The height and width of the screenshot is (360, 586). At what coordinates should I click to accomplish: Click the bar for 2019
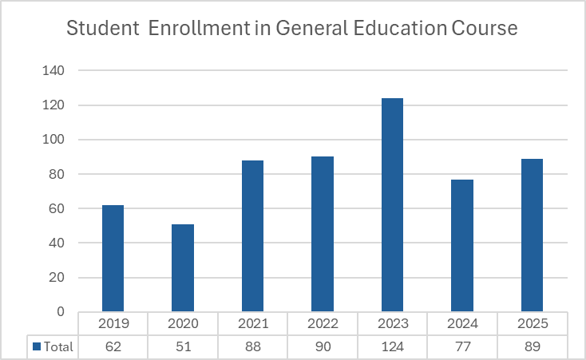113,259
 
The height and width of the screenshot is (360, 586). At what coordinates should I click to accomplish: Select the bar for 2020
183,268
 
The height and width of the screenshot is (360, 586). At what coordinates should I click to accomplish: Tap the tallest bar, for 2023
392,205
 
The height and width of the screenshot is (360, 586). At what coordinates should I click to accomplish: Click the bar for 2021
252,236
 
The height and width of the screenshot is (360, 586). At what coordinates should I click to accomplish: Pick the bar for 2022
323,235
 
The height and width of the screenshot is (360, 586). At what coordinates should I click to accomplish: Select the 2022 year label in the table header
323,323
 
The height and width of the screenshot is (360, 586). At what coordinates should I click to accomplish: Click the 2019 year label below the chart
113,323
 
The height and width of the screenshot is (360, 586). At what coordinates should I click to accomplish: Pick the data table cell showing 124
392,346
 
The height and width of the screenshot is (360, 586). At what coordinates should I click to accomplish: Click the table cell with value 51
183,346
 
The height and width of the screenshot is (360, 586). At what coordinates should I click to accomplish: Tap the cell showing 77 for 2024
462,346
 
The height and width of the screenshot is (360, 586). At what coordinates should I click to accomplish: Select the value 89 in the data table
532,346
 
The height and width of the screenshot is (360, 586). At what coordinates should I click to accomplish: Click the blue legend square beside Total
36,346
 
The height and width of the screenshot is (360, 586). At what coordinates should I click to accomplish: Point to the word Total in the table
58,346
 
